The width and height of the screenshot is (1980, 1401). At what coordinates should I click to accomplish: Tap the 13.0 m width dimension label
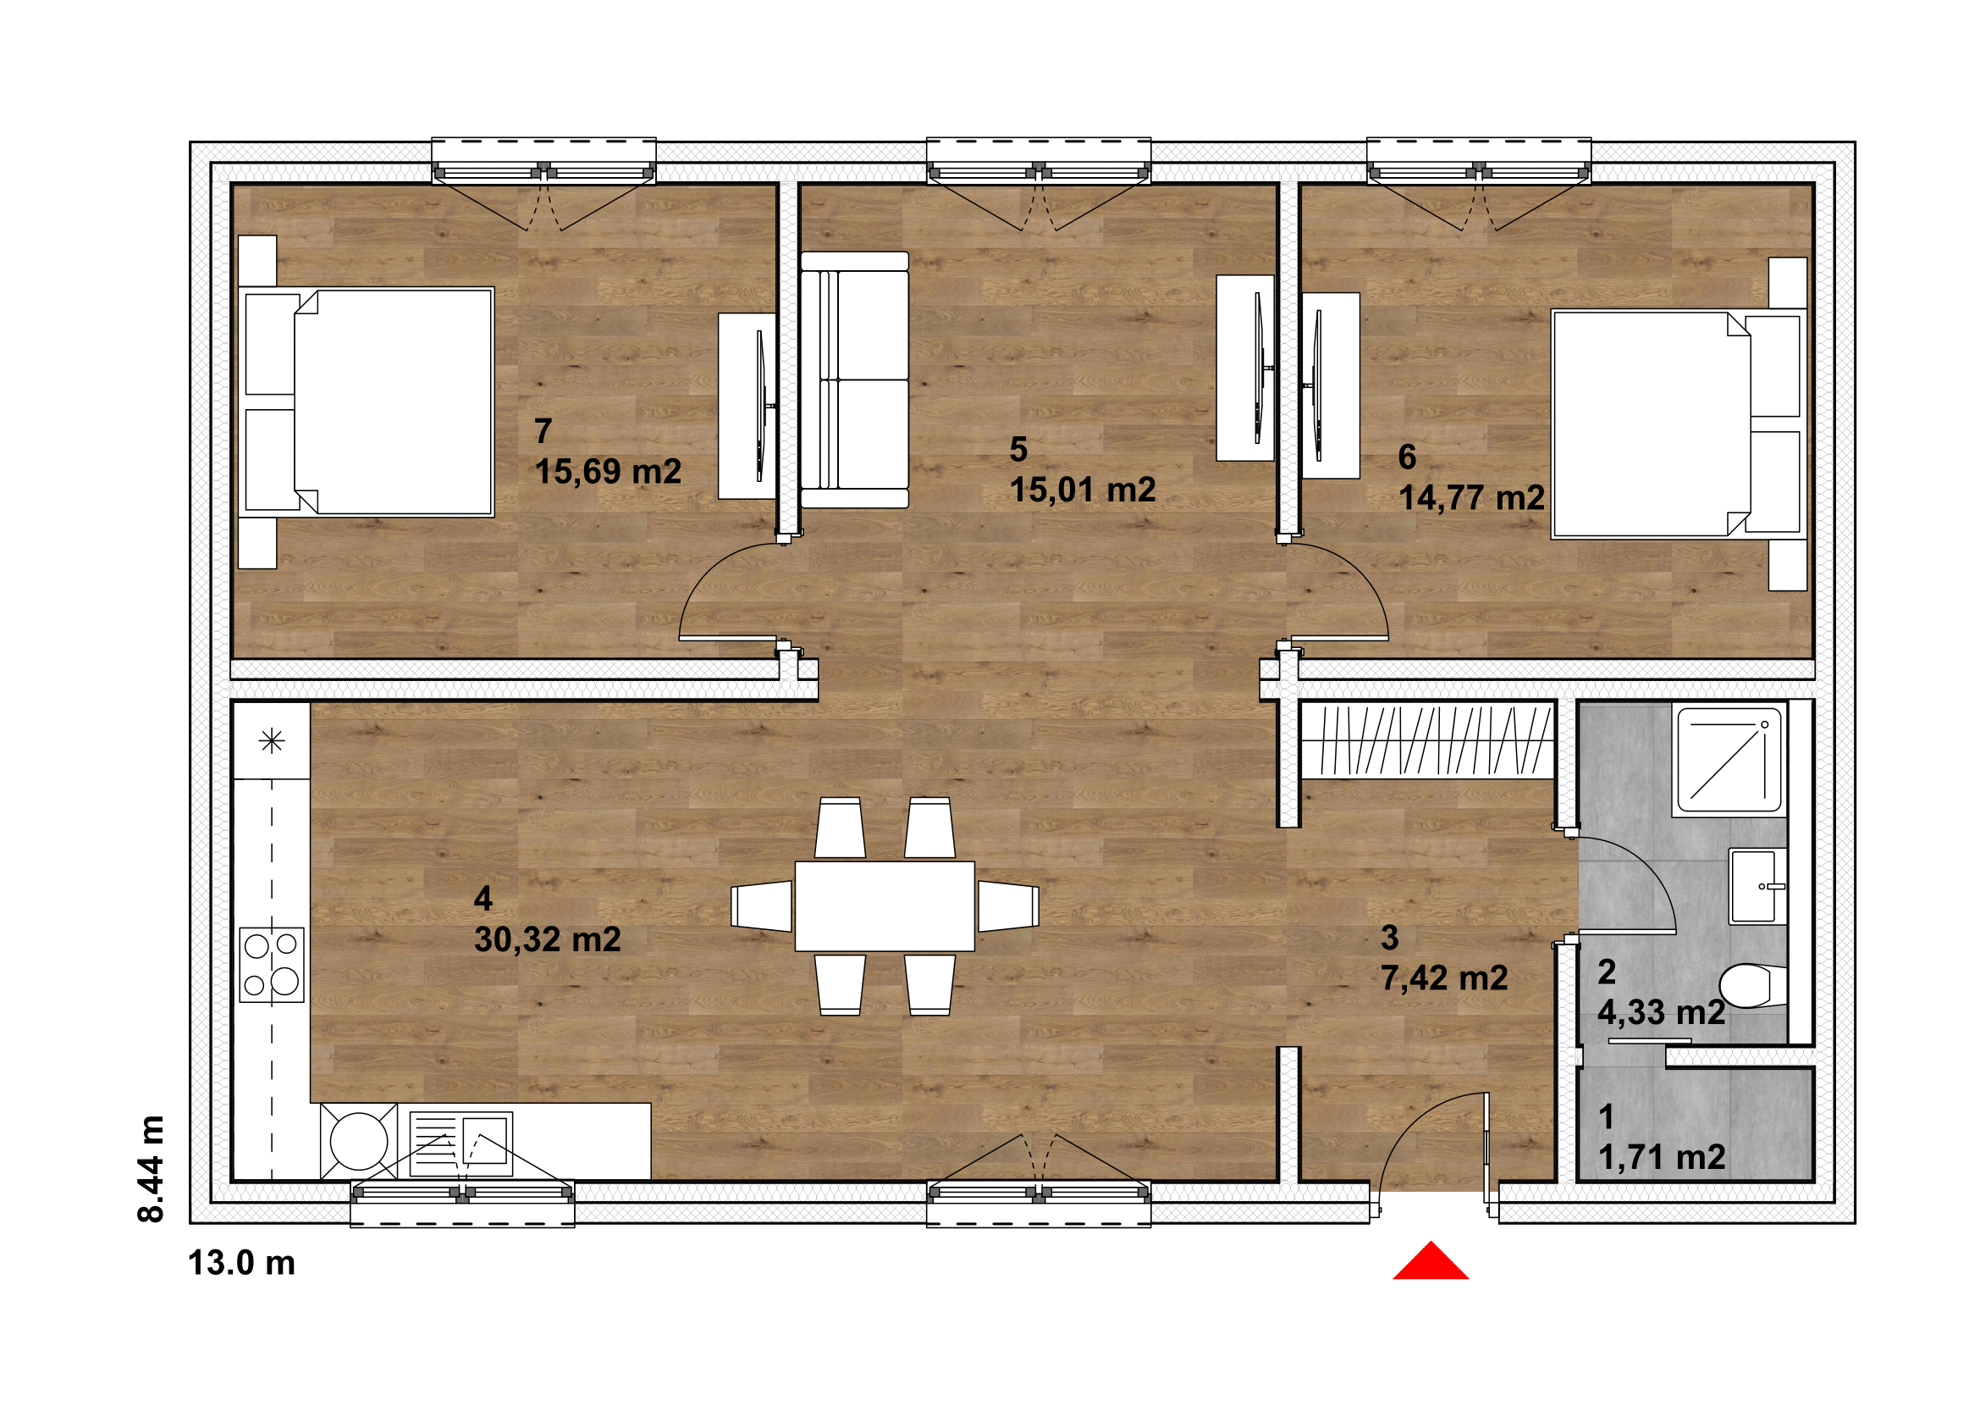(x=241, y=1263)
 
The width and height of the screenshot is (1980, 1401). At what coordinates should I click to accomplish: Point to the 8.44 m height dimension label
(x=150, y=1169)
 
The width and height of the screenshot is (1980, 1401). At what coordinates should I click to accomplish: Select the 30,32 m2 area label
(x=548, y=939)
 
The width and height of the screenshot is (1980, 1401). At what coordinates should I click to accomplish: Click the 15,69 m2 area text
(x=608, y=471)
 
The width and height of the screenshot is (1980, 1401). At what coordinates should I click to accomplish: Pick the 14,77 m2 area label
(x=1471, y=498)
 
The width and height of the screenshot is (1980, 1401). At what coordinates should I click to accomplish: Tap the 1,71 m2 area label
(x=1662, y=1157)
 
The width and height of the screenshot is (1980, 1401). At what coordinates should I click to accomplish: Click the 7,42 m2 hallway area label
(x=1444, y=977)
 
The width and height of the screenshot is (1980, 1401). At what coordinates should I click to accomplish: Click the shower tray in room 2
(x=1729, y=760)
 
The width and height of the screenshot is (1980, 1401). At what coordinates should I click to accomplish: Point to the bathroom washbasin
(x=1757, y=886)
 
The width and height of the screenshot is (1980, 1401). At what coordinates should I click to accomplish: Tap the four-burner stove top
(x=272, y=965)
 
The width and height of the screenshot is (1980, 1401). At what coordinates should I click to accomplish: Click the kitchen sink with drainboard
(x=461, y=1144)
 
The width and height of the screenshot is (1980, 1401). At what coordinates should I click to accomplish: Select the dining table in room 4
(x=885, y=905)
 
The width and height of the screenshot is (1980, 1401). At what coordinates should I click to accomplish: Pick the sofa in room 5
(x=854, y=379)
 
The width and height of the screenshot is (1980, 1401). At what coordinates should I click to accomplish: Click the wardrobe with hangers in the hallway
(x=1427, y=739)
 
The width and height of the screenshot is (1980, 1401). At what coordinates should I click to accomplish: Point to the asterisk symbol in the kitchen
(x=272, y=741)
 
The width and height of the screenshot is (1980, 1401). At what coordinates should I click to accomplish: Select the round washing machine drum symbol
(x=359, y=1141)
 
